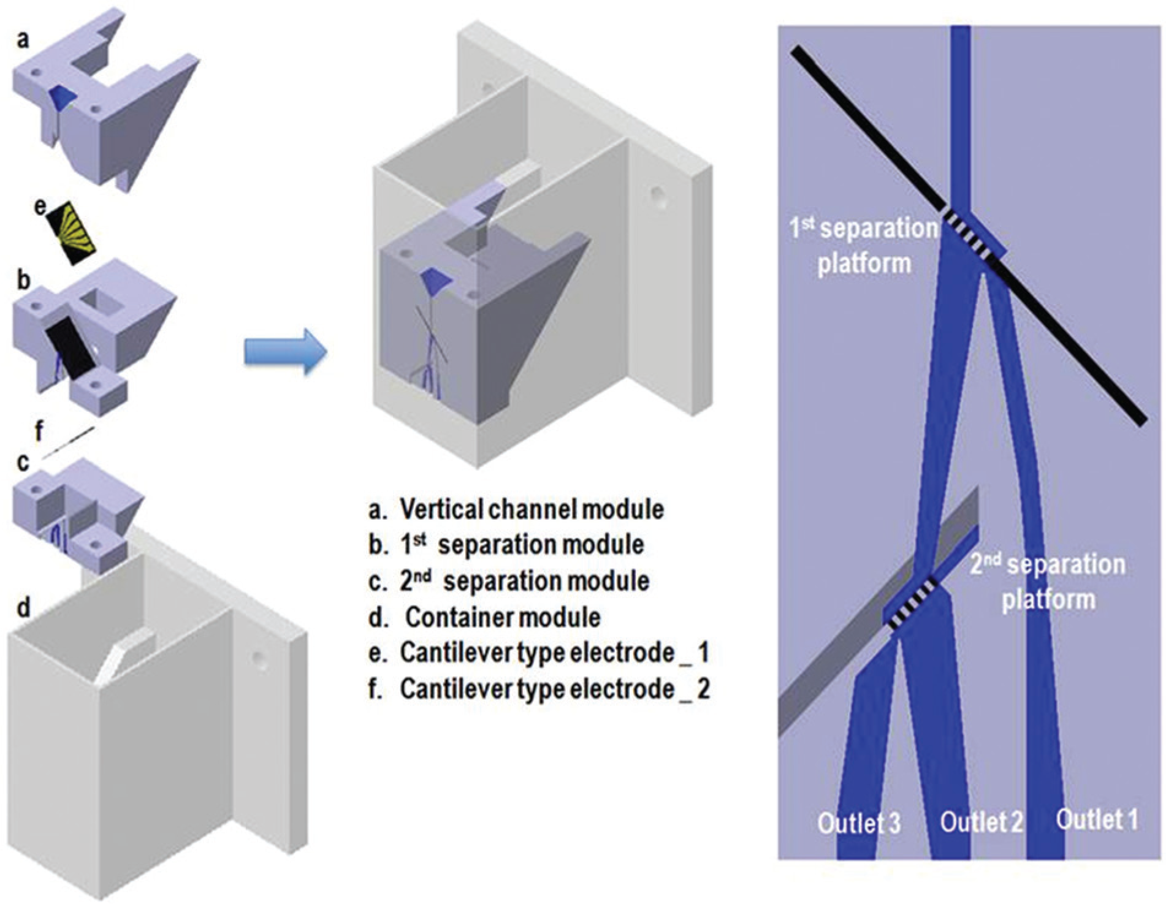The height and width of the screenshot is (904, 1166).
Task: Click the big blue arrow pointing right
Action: pos(286,352)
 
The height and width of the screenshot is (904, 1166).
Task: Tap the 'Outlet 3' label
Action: pos(859,822)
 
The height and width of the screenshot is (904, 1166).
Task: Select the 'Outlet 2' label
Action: pos(981,822)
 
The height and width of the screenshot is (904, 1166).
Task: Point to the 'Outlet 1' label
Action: pos(1097,819)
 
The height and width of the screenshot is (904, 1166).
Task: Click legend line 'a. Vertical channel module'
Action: pos(517,509)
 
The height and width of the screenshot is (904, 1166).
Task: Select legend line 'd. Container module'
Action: pos(485,617)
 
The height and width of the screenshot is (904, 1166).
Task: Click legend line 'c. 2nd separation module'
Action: pos(509,580)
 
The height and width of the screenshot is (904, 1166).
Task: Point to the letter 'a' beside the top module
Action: pos(23,41)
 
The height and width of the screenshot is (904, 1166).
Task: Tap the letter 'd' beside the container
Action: pos(23,608)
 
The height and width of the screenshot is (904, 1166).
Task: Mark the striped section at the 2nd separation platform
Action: pos(913,603)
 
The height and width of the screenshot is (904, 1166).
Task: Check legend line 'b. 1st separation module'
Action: pos(506,544)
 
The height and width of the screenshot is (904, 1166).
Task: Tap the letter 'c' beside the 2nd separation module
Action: pos(23,463)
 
